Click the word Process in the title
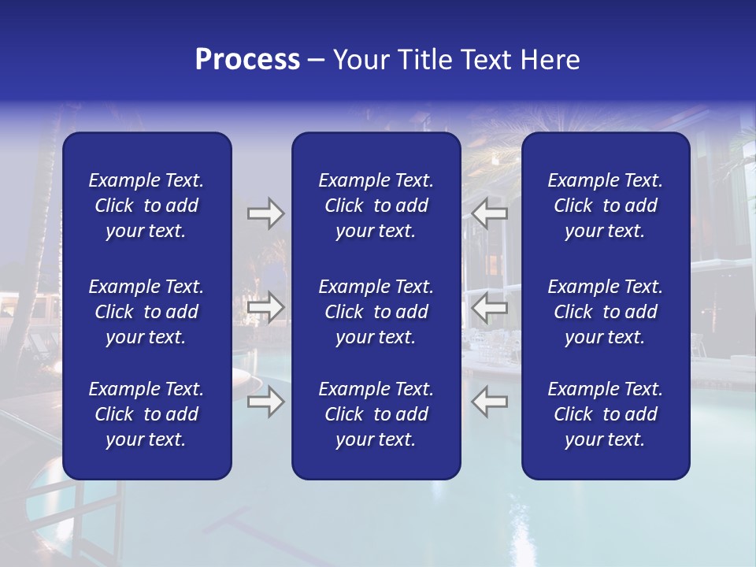pos(247,60)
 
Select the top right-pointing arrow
pos(265,213)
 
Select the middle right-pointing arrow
pos(265,307)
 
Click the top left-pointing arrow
pos(489,213)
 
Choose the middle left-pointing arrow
pos(489,307)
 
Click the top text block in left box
pos(146,206)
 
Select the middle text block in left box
pos(146,312)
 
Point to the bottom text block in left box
pos(146,414)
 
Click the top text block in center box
pos(376,206)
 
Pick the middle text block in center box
pos(376,312)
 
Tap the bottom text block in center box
pos(376,414)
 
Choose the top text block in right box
pos(605,206)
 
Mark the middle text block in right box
pos(605,312)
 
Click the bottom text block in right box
pos(605,414)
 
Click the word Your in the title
pos(360,60)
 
